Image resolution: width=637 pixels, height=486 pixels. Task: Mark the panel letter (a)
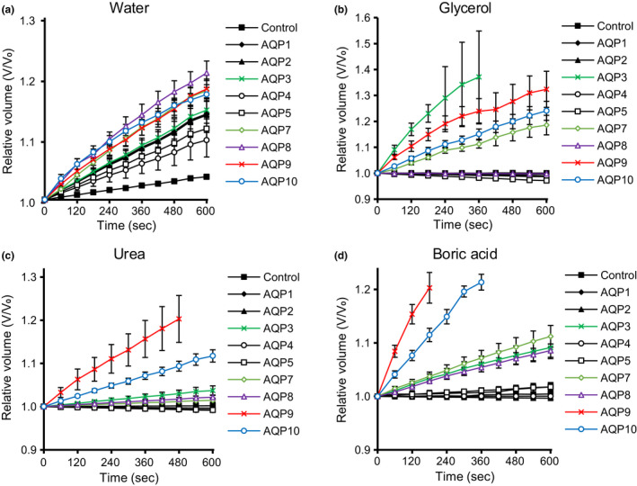[x=10, y=10]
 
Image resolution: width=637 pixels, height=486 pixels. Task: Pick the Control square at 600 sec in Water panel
[x=207, y=176]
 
